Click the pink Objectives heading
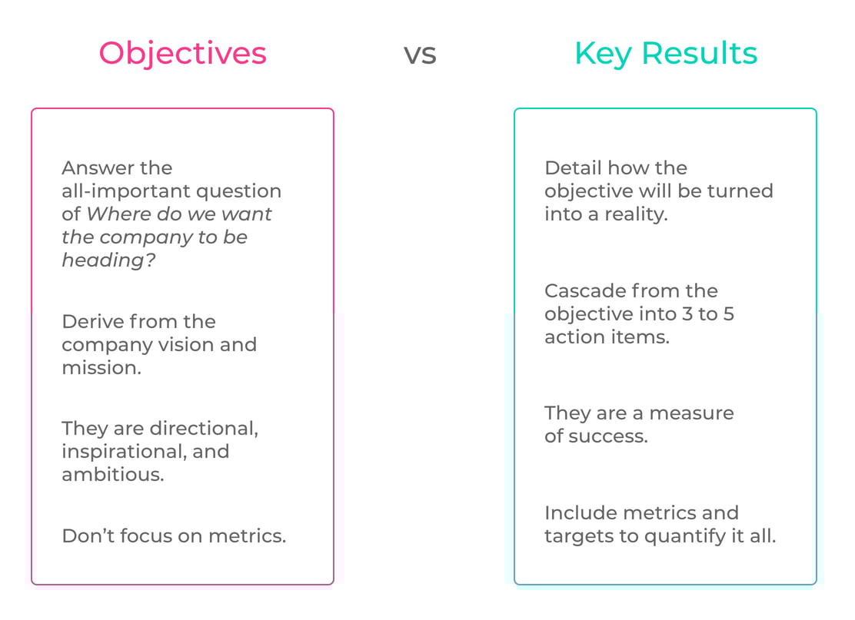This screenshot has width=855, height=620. (x=183, y=53)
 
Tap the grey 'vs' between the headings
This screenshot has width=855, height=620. (x=420, y=55)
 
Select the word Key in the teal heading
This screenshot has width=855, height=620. (x=604, y=53)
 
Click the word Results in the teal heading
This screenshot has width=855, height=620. (x=700, y=53)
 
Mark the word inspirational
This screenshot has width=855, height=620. (x=124, y=451)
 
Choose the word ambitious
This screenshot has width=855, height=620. (x=112, y=474)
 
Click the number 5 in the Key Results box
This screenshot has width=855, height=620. (x=728, y=313)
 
